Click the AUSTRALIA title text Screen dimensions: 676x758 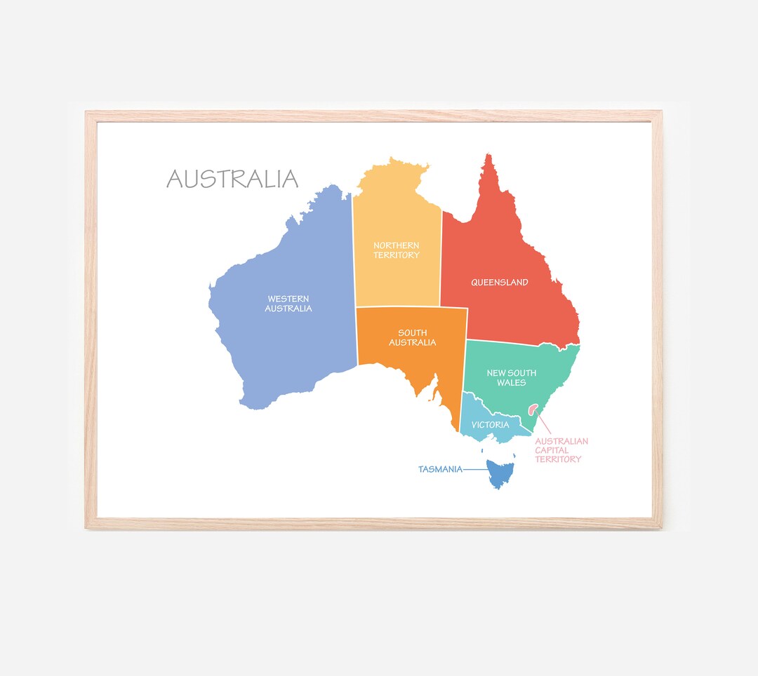232,179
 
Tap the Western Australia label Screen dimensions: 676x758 288,304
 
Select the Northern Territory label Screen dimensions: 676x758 397,250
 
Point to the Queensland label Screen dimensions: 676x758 500,283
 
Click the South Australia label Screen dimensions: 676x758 413,338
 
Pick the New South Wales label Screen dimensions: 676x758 512,378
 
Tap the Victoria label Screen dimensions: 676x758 491,425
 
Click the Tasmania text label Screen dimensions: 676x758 440,469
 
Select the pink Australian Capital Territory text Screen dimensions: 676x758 561,450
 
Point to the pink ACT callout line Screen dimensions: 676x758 544,423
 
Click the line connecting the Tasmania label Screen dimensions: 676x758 475,469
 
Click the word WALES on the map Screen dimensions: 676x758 512,383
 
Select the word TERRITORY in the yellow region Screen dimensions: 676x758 397,255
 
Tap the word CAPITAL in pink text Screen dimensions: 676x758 552,450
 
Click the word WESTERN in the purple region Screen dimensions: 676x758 288,299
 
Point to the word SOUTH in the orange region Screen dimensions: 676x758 413,333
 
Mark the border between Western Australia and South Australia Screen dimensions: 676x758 357,337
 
